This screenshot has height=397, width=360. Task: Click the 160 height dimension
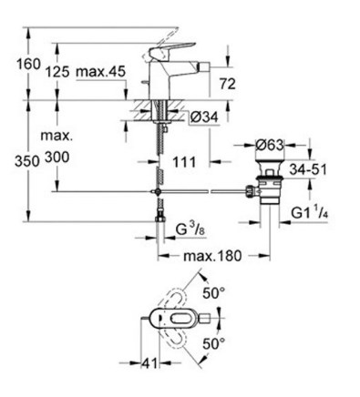point(28,65)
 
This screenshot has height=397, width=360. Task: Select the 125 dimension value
point(57,72)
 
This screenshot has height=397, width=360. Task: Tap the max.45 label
point(100,72)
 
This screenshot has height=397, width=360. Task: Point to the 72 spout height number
point(228,84)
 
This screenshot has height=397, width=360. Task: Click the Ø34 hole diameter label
point(204,117)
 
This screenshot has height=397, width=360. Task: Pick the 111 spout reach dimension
point(184,162)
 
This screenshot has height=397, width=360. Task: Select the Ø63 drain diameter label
point(269,145)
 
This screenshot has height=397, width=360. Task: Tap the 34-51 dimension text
point(307,169)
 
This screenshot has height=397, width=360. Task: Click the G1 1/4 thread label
point(310,212)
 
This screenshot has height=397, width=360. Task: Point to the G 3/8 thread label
point(190,230)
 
